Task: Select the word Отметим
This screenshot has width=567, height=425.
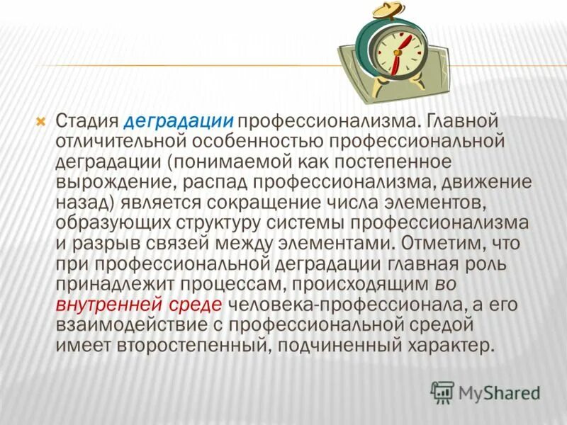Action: (439, 244)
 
